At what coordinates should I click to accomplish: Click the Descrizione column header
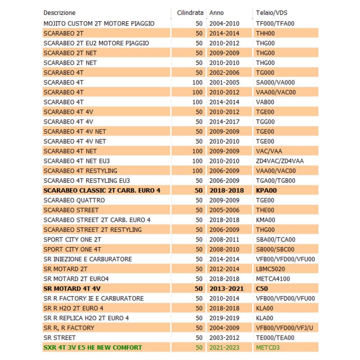59,13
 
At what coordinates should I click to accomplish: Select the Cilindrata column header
190,13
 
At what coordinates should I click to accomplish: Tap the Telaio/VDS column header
272,13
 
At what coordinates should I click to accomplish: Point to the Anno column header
216,13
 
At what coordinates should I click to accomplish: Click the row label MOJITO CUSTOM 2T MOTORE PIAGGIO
99,24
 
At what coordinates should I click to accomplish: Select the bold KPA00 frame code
266,190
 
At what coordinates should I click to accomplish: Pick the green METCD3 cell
268,348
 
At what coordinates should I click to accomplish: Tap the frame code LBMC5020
270,269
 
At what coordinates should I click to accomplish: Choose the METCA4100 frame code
273,279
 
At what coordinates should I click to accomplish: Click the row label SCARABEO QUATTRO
74,200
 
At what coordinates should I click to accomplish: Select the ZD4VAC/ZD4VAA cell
279,161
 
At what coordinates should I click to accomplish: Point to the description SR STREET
60,338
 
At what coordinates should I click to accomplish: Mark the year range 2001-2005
224,82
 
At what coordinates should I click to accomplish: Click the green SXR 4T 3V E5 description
93,348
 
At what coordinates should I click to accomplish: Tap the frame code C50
262,289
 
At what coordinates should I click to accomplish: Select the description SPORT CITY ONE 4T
72,249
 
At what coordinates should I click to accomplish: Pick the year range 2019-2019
224,318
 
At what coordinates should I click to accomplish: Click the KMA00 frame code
265,220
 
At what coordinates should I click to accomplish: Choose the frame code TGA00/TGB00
276,181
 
